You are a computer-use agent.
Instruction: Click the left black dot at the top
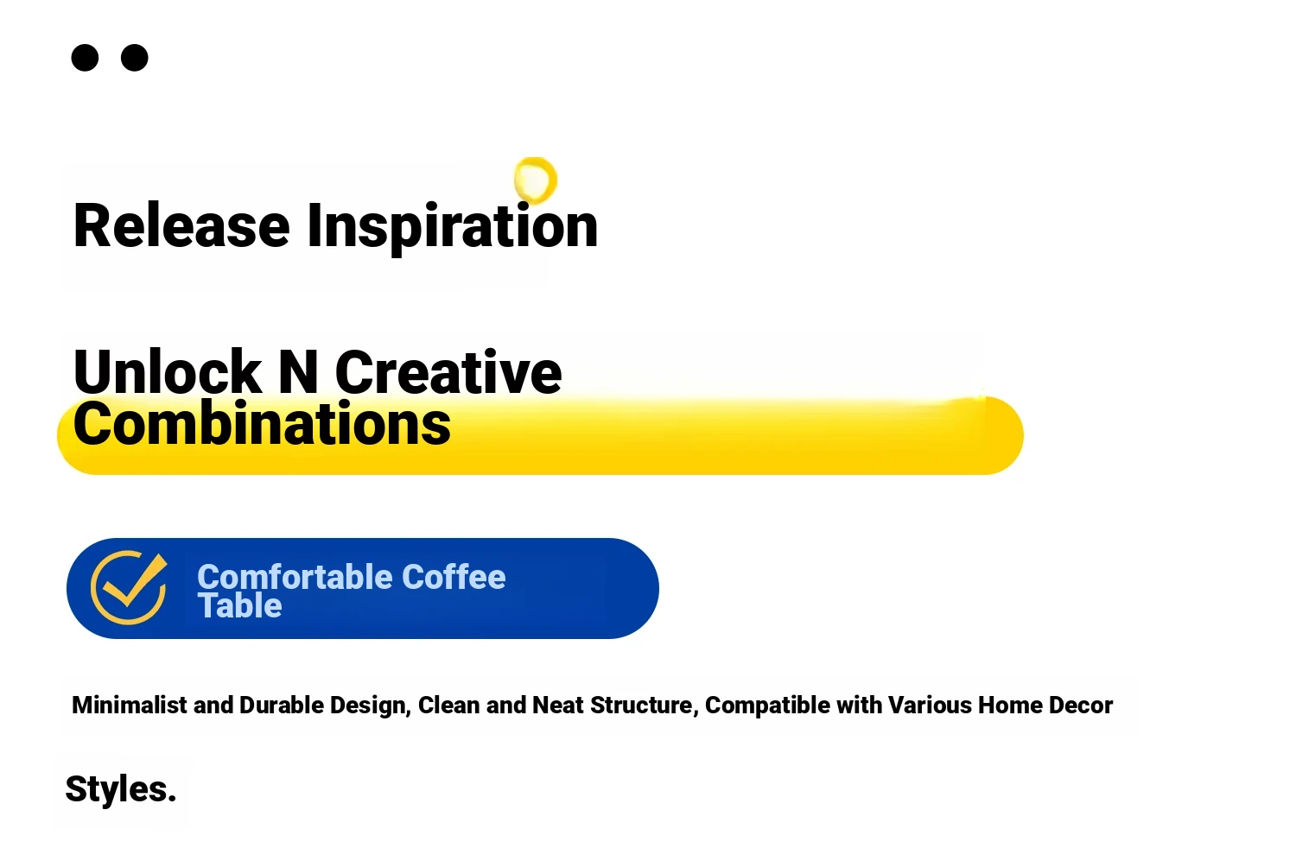[x=85, y=58]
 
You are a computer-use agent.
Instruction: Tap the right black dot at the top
[x=134, y=58]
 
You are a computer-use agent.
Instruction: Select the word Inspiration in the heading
[x=452, y=228]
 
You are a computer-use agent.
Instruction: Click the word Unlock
[x=167, y=371]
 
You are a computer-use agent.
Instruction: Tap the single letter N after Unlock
[x=298, y=372]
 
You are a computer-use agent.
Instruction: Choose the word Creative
[x=448, y=372]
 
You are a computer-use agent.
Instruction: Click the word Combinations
[x=262, y=423]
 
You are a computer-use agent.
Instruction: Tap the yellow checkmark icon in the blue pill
[x=130, y=588]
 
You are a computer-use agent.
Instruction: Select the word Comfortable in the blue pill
[x=295, y=577]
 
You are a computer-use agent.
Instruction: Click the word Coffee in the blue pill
[x=454, y=577]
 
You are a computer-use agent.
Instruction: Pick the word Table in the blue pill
[x=239, y=605]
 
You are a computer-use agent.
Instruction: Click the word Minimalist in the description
[x=129, y=706]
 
